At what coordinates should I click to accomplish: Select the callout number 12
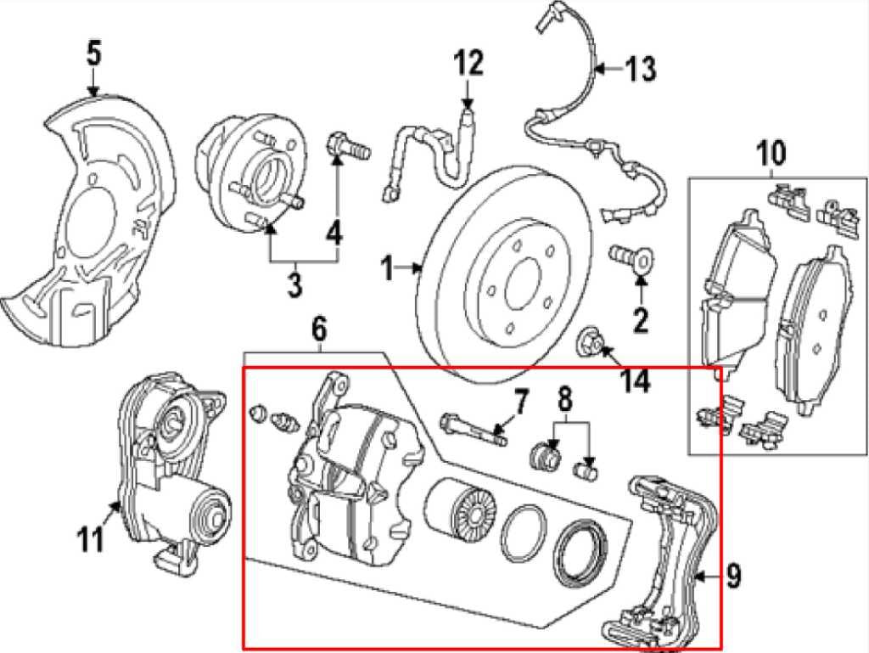[x=468, y=63]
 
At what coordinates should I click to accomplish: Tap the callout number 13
[x=641, y=69]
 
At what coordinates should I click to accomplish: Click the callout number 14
[x=634, y=380]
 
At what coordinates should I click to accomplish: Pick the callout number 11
[x=91, y=538]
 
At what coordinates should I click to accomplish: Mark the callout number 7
[x=520, y=400]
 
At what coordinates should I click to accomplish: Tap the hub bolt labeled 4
[x=348, y=148]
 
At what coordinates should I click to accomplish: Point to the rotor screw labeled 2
[x=626, y=254]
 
